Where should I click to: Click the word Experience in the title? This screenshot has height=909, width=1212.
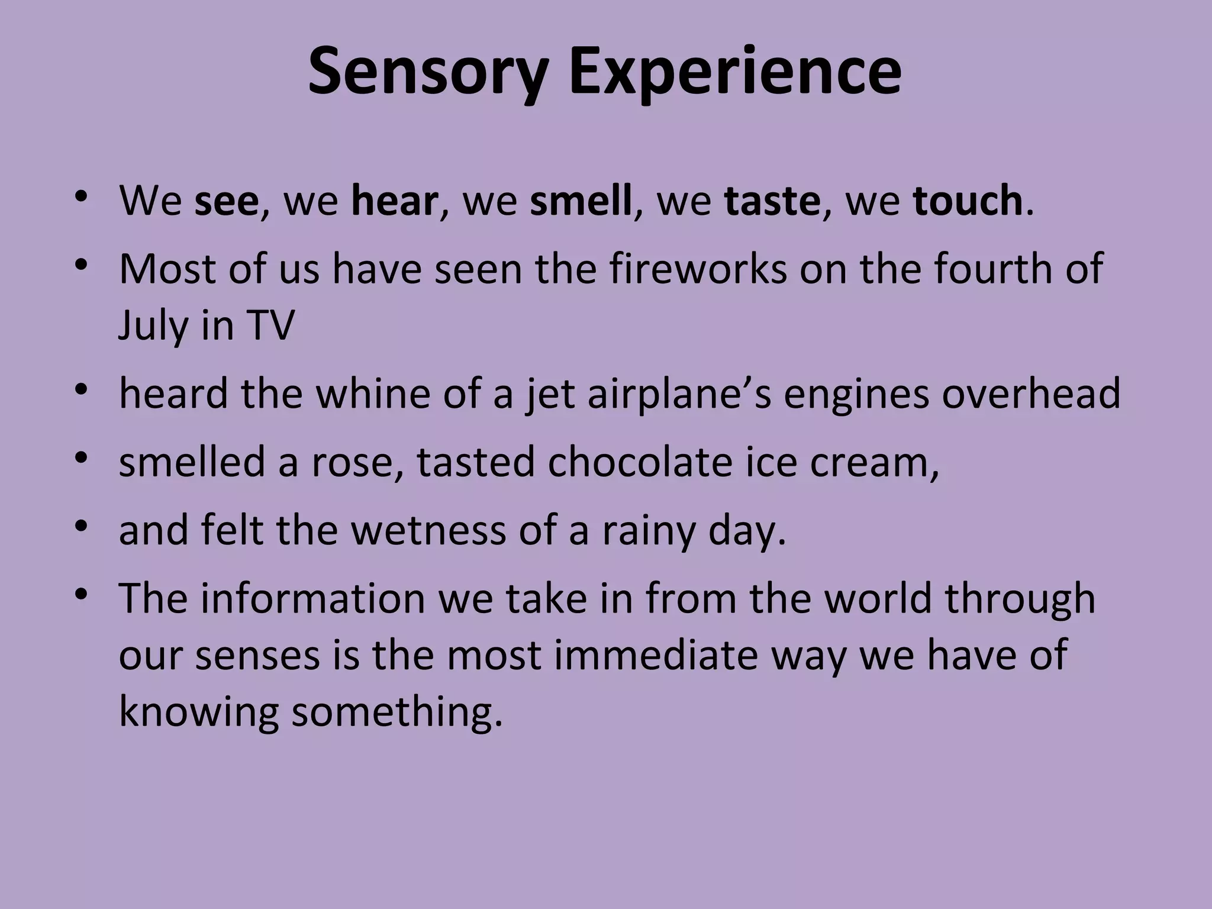tap(735, 72)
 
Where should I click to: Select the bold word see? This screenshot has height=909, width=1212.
tap(226, 201)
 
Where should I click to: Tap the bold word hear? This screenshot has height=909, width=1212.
tap(394, 201)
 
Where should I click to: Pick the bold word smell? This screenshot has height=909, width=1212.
tap(581, 201)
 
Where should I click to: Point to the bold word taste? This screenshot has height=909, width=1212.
tap(772, 201)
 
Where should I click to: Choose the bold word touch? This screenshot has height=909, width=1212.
tap(968, 201)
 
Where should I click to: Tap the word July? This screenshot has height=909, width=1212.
tap(153, 326)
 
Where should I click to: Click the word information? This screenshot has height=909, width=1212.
tap(312, 598)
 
